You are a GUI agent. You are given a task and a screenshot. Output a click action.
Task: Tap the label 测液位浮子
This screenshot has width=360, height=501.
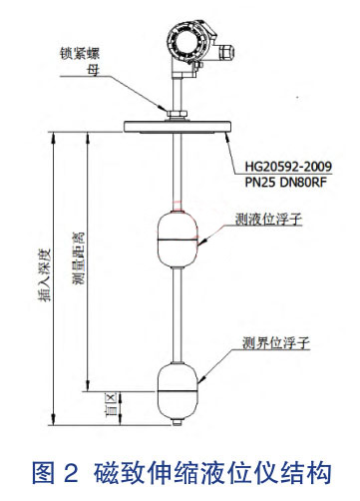(267, 219)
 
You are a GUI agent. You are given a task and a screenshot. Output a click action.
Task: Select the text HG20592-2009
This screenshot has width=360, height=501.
(287, 164)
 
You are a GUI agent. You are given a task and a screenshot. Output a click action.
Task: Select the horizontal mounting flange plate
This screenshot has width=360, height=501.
(180, 125)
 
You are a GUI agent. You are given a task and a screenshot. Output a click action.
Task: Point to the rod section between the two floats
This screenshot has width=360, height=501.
(180, 309)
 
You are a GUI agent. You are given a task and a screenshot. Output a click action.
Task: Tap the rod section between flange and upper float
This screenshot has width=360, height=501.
(180, 170)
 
